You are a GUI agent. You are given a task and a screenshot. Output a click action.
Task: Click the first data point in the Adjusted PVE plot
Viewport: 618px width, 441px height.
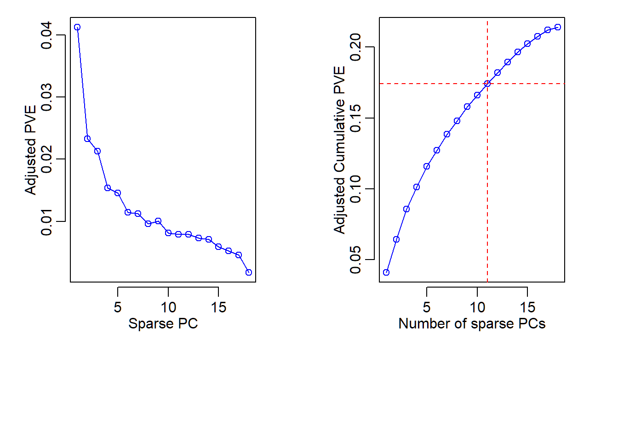point(77,27)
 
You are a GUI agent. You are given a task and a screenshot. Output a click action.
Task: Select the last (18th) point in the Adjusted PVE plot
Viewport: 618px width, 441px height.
point(249,272)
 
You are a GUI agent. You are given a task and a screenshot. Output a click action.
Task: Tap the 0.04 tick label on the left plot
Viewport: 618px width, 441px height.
point(46,35)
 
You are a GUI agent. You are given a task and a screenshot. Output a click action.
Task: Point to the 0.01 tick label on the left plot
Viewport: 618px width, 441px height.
point(46,222)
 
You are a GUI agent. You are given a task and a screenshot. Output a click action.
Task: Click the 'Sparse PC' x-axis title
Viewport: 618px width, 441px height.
point(163,323)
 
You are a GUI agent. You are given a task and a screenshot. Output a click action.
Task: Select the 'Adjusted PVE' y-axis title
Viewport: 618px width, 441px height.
point(30,150)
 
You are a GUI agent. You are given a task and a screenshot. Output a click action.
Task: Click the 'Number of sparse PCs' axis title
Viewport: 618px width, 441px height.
point(472,323)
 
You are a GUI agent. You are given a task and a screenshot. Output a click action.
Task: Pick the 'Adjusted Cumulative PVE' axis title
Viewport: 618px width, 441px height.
point(339,150)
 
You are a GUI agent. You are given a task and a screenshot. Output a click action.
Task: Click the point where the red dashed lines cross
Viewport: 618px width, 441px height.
point(487,84)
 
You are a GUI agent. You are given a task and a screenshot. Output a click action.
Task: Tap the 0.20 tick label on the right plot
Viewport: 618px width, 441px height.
point(355,47)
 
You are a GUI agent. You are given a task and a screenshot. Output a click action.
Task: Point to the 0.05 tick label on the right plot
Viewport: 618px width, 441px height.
point(355,260)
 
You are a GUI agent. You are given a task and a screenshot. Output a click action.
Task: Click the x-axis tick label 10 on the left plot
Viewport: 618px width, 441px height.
point(168,307)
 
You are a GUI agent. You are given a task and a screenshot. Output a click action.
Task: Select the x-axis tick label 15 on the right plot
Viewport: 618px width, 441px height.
point(527,307)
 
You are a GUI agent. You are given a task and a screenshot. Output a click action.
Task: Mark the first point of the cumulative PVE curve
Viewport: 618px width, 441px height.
point(386,272)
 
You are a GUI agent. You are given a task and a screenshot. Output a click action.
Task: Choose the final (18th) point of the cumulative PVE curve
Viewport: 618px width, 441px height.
point(558,27)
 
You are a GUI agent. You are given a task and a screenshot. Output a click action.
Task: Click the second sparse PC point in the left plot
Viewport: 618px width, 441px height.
point(87,139)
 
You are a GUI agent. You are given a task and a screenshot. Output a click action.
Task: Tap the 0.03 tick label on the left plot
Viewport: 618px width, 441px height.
point(46,97)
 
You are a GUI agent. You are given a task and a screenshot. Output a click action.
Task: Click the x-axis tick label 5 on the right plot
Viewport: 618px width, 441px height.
point(427,307)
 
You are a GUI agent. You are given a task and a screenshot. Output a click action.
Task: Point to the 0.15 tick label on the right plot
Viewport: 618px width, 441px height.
point(355,118)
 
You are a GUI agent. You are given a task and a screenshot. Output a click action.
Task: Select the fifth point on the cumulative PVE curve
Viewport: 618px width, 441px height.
point(427,166)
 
